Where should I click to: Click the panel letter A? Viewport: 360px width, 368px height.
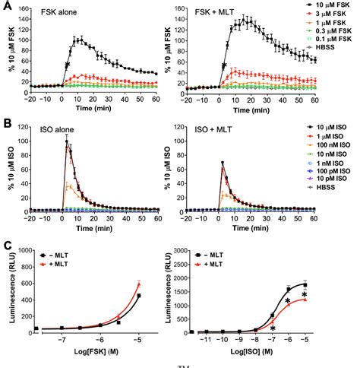7,7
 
